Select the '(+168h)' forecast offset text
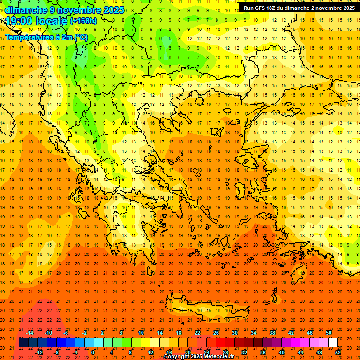[83, 21]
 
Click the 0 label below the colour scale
[93, 352]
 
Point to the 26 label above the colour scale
[216, 333]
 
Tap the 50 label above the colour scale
[329, 333]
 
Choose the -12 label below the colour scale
[39, 352]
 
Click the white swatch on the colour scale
[333, 343]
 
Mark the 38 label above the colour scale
[272, 333]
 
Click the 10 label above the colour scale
[141, 333]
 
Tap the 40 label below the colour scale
[282, 352]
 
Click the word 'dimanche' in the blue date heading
[25, 10]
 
